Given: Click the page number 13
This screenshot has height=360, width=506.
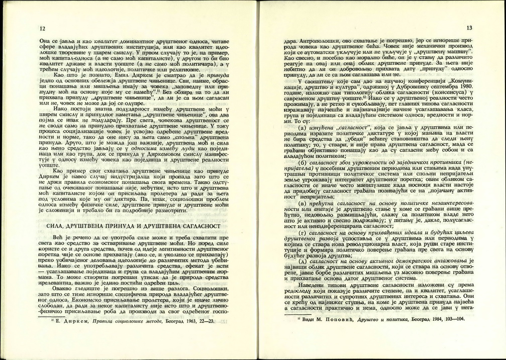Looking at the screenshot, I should pyautogui.click(x=469, y=28).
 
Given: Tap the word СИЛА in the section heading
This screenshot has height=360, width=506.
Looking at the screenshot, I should pyautogui.click(x=54, y=226).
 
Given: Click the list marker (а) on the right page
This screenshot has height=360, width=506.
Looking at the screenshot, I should pyautogui.click(x=302, y=128).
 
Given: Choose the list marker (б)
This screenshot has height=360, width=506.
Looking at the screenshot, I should pyautogui.click(x=302, y=162).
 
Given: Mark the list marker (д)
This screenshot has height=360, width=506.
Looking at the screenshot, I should pyautogui.click(x=302, y=262).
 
